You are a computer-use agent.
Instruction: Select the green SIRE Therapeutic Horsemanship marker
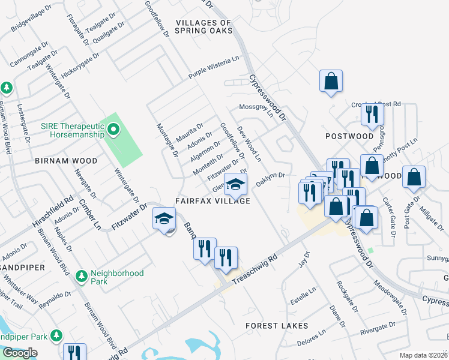point(112,129)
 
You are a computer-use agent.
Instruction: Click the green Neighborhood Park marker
point(82,277)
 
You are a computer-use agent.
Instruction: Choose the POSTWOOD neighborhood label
point(349,136)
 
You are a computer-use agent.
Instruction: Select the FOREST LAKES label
point(277,326)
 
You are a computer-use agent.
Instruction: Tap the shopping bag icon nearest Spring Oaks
point(331,82)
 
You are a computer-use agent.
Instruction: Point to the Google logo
point(20,353)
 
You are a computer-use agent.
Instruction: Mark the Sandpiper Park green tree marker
point(57,334)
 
